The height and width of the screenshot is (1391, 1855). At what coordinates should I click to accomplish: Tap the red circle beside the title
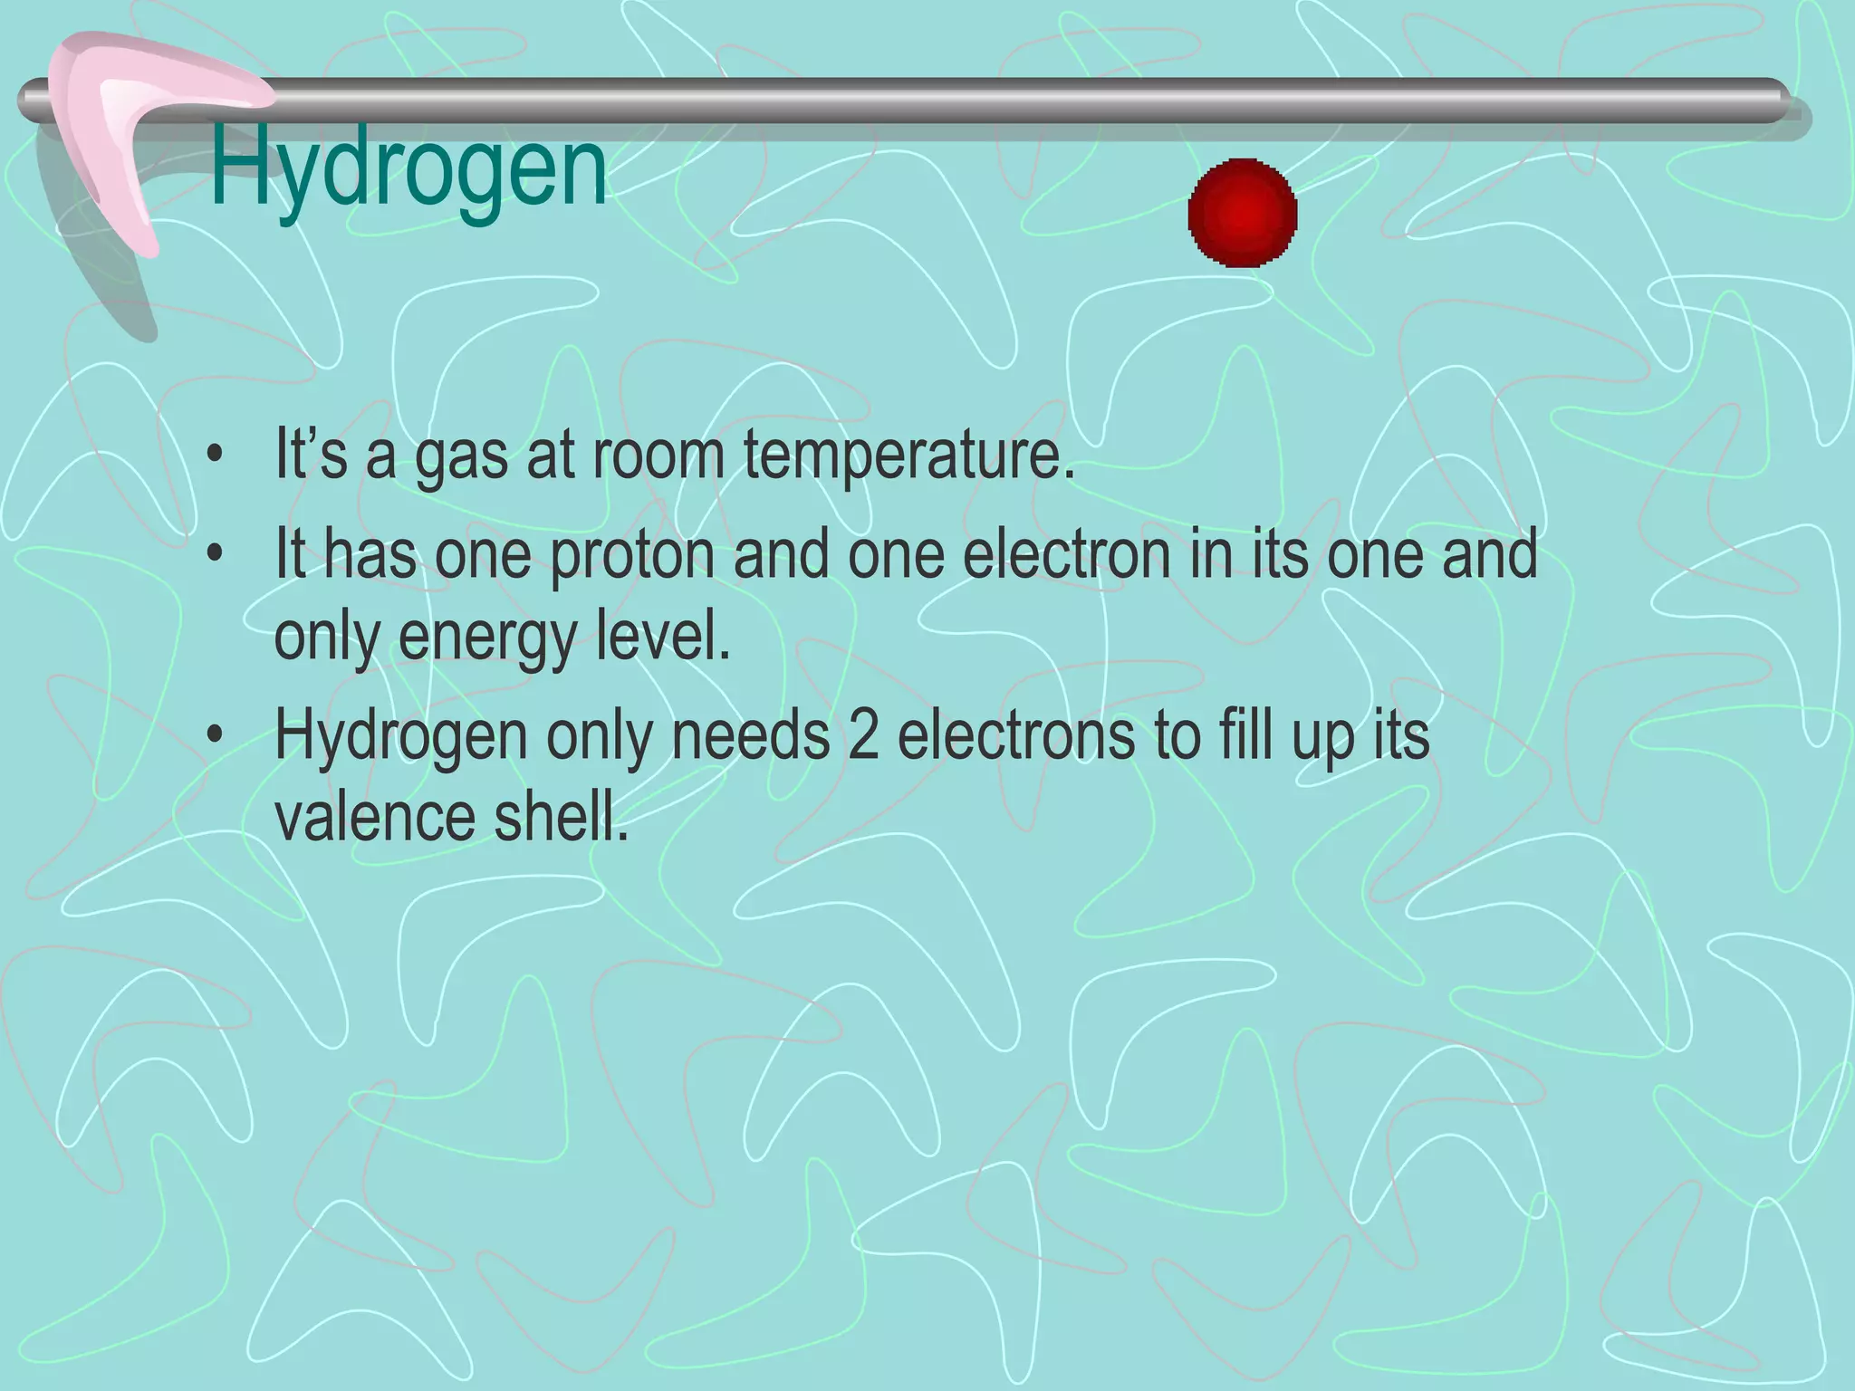(x=1243, y=213)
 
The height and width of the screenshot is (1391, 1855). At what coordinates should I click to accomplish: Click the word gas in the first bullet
(x=461, y=458)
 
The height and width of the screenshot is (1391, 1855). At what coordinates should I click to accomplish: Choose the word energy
(x=487, y=638)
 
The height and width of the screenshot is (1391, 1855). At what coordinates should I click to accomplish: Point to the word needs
(x=750, y=734)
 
